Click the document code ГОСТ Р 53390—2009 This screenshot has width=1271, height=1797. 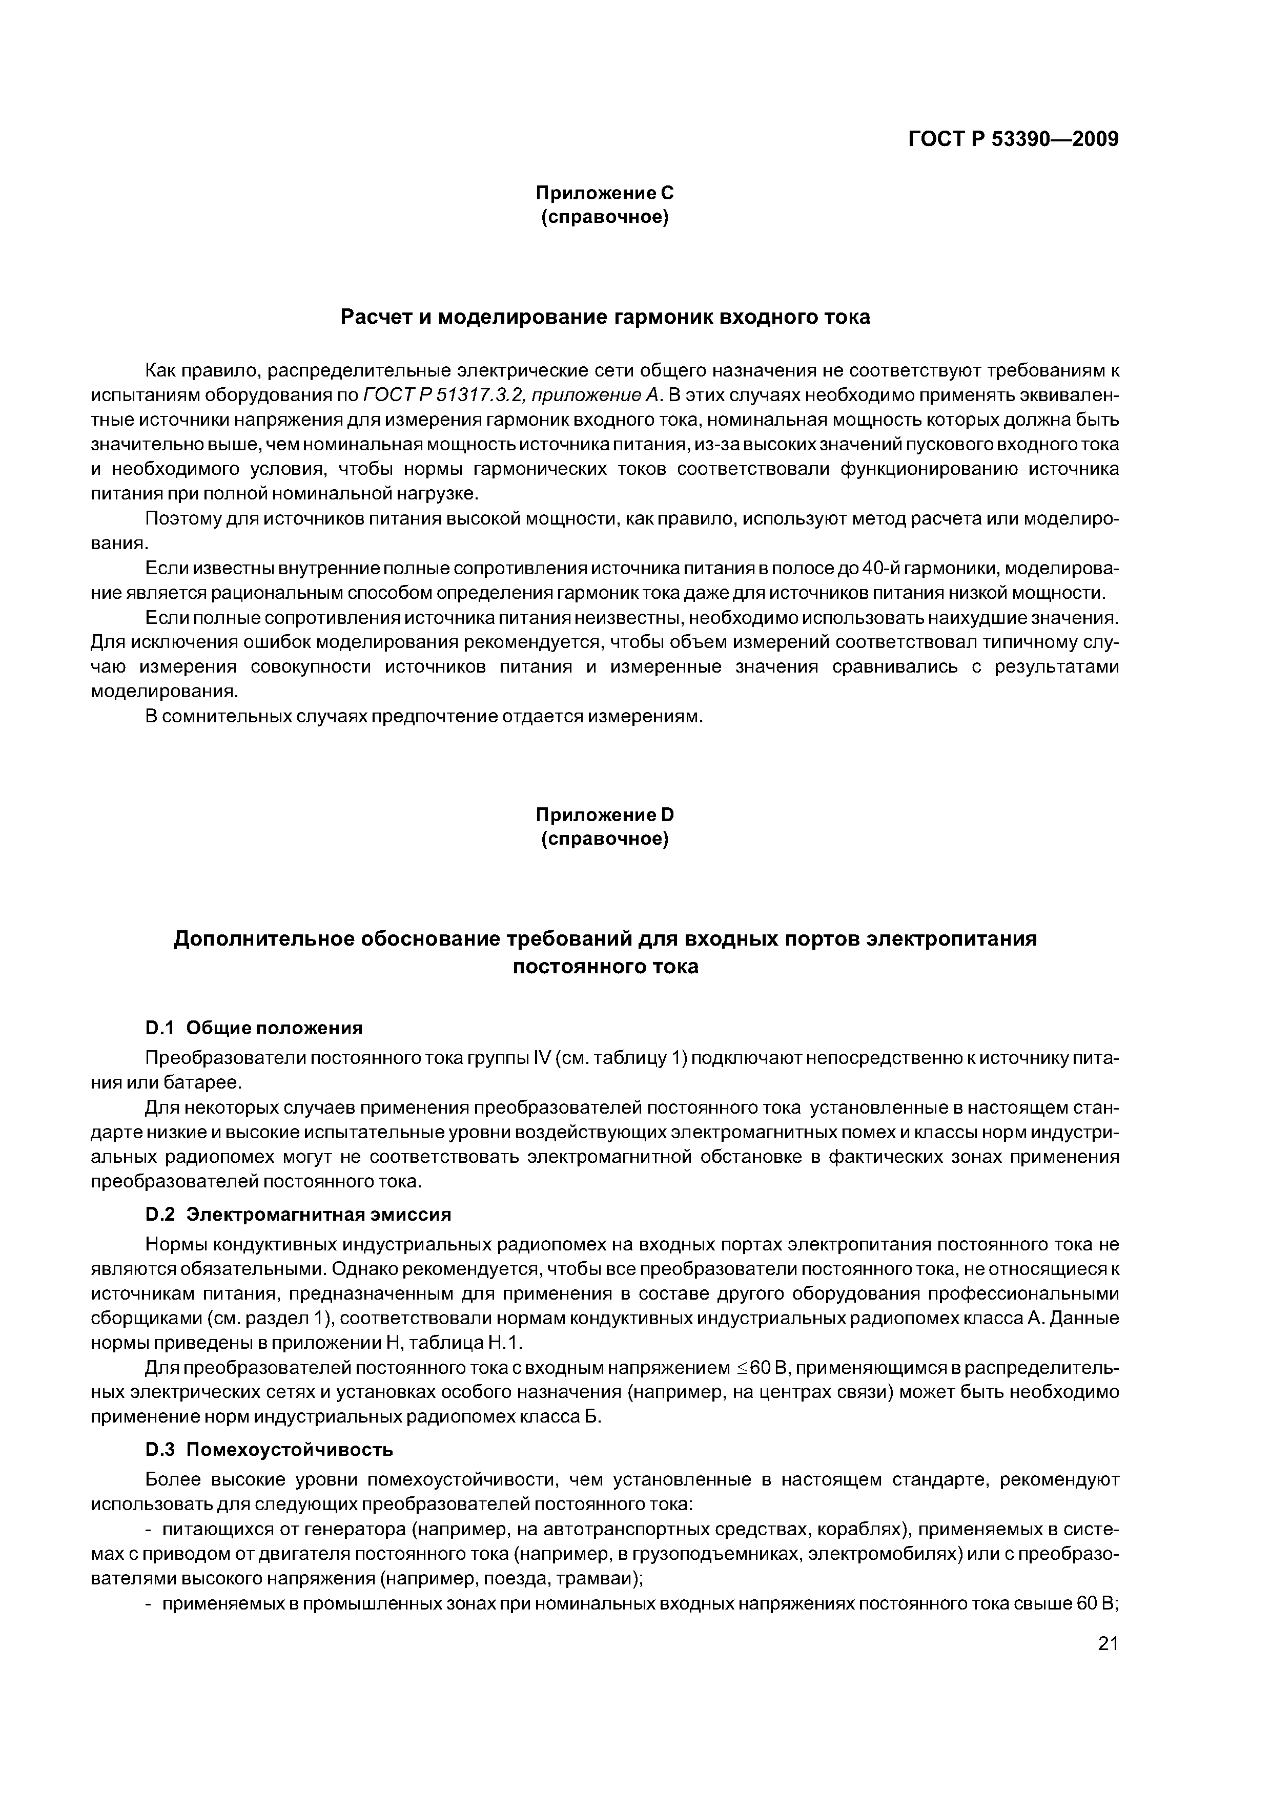click(x=1013, y=139)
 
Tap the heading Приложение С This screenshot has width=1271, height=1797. click(x=605, y=193)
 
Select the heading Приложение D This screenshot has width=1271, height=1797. click(x=605, y=815)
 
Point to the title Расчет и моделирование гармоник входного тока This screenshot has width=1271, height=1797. click(x=605, y=317)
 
